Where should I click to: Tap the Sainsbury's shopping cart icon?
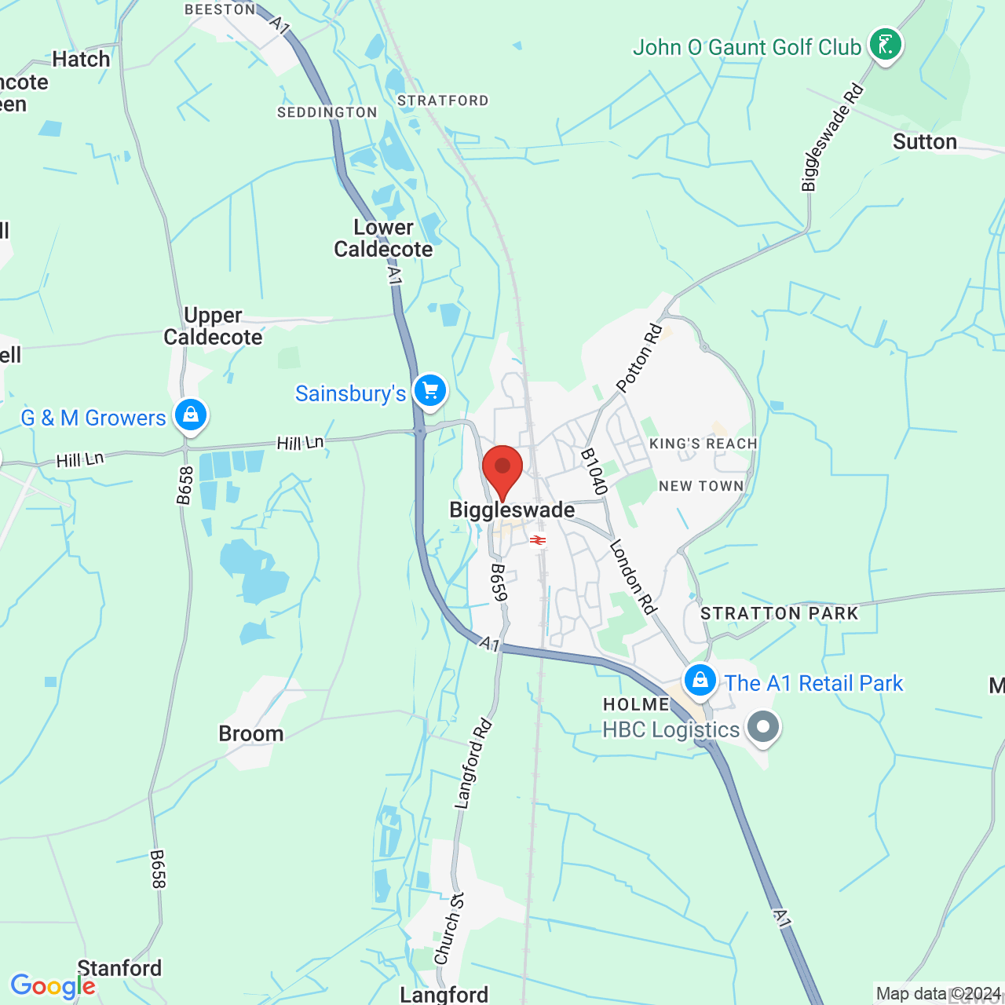click(429, 390)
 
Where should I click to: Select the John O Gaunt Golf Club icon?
click(885, 45)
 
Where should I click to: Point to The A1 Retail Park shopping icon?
click(700, 680)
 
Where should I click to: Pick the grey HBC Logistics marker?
click(762, 726)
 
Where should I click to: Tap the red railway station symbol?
click(538, 540)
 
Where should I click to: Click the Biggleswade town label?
click(512, 510)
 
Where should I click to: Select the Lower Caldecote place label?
click(383, 239)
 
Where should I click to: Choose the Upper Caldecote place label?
click(213, 327)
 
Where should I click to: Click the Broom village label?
click(251, 734)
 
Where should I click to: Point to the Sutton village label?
click(925, 142)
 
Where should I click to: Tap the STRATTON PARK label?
click(780, 613)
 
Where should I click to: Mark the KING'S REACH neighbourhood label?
click(703, 444)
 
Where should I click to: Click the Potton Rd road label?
click(639, 358)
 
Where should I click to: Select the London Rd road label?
click(633, 576)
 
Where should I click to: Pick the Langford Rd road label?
click(473, 764)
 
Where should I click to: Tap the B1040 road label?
click(594, 472)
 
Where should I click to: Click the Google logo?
click(53, 986)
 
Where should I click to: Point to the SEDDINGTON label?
click(327, 112)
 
